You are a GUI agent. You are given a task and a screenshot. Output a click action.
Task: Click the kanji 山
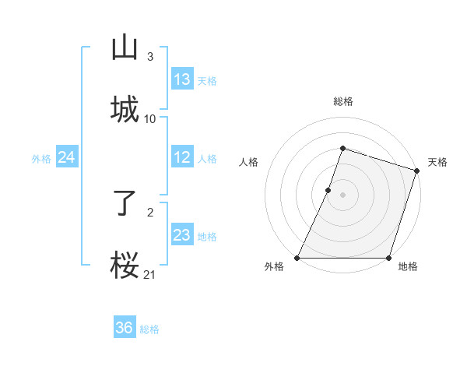(x=125, y=48)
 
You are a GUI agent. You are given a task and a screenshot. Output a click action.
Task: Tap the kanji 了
(x=125, y=204)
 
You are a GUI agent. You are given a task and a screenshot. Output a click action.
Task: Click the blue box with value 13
(x=182, y=79)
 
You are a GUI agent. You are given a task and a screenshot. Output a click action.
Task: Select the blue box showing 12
(x=182, y=157)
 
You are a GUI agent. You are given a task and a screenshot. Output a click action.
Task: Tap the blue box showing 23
(x=182, y=235)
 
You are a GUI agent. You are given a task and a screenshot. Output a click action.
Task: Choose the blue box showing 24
(x=67, y=157)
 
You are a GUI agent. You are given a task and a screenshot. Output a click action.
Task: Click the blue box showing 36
(x=125, y=328)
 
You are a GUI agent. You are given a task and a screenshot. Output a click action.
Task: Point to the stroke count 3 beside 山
(x=150, y=56)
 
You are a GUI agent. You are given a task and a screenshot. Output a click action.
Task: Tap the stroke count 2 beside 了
(x=150, y=212)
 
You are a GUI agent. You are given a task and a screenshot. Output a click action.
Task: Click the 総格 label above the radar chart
(x=343, y=101)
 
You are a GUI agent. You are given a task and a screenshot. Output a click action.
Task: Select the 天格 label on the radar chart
(x=437, y=162)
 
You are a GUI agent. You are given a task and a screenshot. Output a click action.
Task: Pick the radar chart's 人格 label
(x=248, y=162)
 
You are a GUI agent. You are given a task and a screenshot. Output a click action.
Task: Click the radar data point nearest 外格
(x=297, y=258)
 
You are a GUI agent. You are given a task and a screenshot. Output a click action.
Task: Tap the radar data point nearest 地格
(x=388, y=258)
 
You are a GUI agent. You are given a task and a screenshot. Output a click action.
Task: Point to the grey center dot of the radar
(x=343, y=195)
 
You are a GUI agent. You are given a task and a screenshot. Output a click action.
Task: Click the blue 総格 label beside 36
(x=149, y=329)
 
